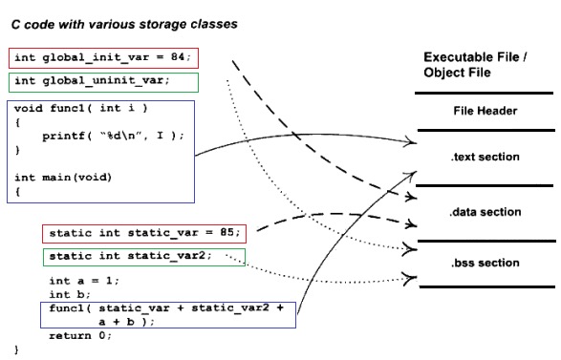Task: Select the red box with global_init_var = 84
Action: (103, 58)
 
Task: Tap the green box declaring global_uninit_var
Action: (103, 81)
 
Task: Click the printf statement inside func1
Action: (112, 136)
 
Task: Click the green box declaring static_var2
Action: (144, 256)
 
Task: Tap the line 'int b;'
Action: (66, 294)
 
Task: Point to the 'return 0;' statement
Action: (77, 335)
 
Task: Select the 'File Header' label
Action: (485, 111)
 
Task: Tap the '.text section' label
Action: (485, 156)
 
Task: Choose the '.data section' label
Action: (485, 211)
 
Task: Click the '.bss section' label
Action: (485, 263)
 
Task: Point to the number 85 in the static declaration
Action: (227, 232)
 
